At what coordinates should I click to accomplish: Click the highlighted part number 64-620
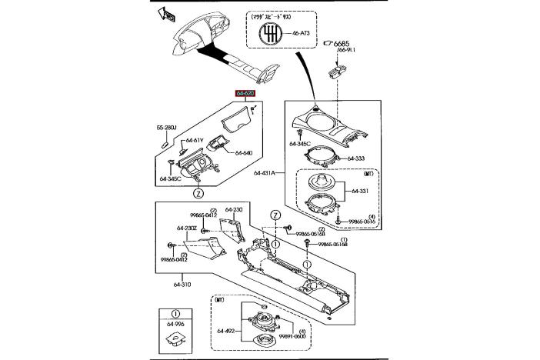245,92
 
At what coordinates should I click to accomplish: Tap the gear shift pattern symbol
271,34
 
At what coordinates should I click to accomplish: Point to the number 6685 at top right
343,43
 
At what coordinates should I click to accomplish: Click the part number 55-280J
167,127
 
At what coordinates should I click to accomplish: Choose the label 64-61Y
194,140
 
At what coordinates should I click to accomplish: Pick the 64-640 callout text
243,153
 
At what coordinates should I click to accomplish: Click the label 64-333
355,158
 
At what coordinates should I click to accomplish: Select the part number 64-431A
265,173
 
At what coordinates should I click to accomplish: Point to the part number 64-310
182,285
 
